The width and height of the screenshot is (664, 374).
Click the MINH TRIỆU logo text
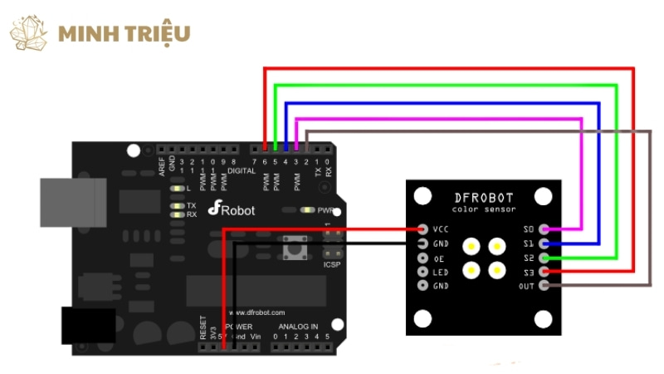pyautogui.click(x=124, y=33)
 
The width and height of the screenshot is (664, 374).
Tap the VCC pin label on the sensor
pyautogui.click(x=442, y=229)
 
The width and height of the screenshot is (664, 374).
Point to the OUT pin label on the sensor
pyautogui.click(x=526, y=286)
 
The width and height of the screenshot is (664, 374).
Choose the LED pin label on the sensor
pyautogui.click(x=442, y=272)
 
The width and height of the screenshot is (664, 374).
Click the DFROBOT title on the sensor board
pyautogui.click(x=484, y=198)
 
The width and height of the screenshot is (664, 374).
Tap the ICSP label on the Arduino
pyautogui.click(x=331, y=264)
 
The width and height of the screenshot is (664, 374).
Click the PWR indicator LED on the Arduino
pyautogui.click(x=309, y=211)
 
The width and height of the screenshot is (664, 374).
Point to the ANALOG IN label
pyautogui.click(x=298, y=327)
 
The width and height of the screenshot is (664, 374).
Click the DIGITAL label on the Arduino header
pyautogui.click(x=242, y=170)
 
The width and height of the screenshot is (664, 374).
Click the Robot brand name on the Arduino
pyautogui.click(x=237, y=210)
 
